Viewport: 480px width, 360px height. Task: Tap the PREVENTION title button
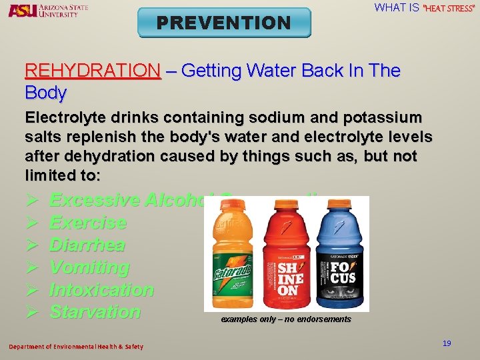[x=224, y=23]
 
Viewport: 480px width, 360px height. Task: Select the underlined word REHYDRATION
[x=93, y=71]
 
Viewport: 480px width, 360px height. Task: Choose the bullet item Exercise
[x=88, y=223]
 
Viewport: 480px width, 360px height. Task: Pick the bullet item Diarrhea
[x=87, y=245]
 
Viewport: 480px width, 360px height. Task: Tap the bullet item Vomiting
[x=89, y=267]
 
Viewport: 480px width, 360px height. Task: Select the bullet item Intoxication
[x=101, y=290]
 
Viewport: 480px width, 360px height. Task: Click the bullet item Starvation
[x=95, y=312]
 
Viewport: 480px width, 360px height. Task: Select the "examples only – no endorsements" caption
[x=286, y=319]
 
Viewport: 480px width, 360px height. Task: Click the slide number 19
[x=447, y=343]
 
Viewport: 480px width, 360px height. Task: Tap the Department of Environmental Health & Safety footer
[x=75, y=346]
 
